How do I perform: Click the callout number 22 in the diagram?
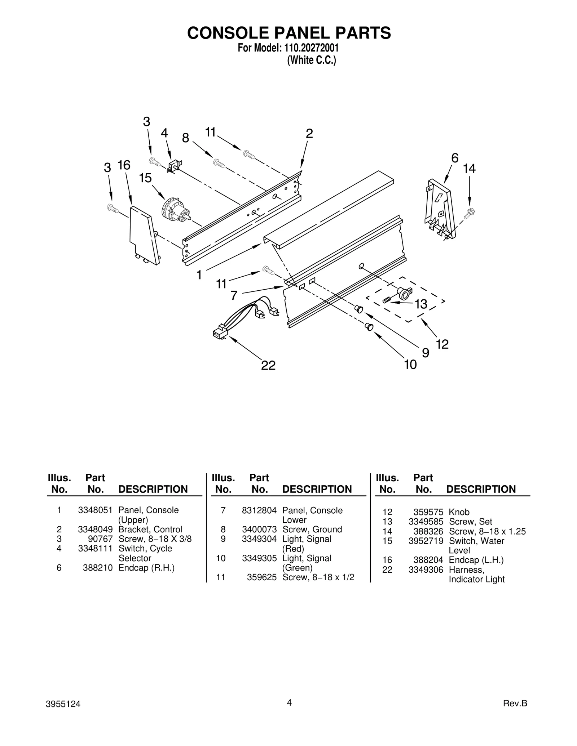268,365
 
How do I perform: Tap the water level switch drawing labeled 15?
176,209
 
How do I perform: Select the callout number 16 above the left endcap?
124,165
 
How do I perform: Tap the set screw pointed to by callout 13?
387,299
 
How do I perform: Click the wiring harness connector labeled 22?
220,332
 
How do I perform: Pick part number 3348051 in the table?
95,510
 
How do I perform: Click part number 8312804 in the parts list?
259,510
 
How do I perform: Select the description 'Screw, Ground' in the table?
312,529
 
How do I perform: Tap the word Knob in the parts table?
459,512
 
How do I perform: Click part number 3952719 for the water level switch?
426,541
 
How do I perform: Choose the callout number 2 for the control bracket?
309,134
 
